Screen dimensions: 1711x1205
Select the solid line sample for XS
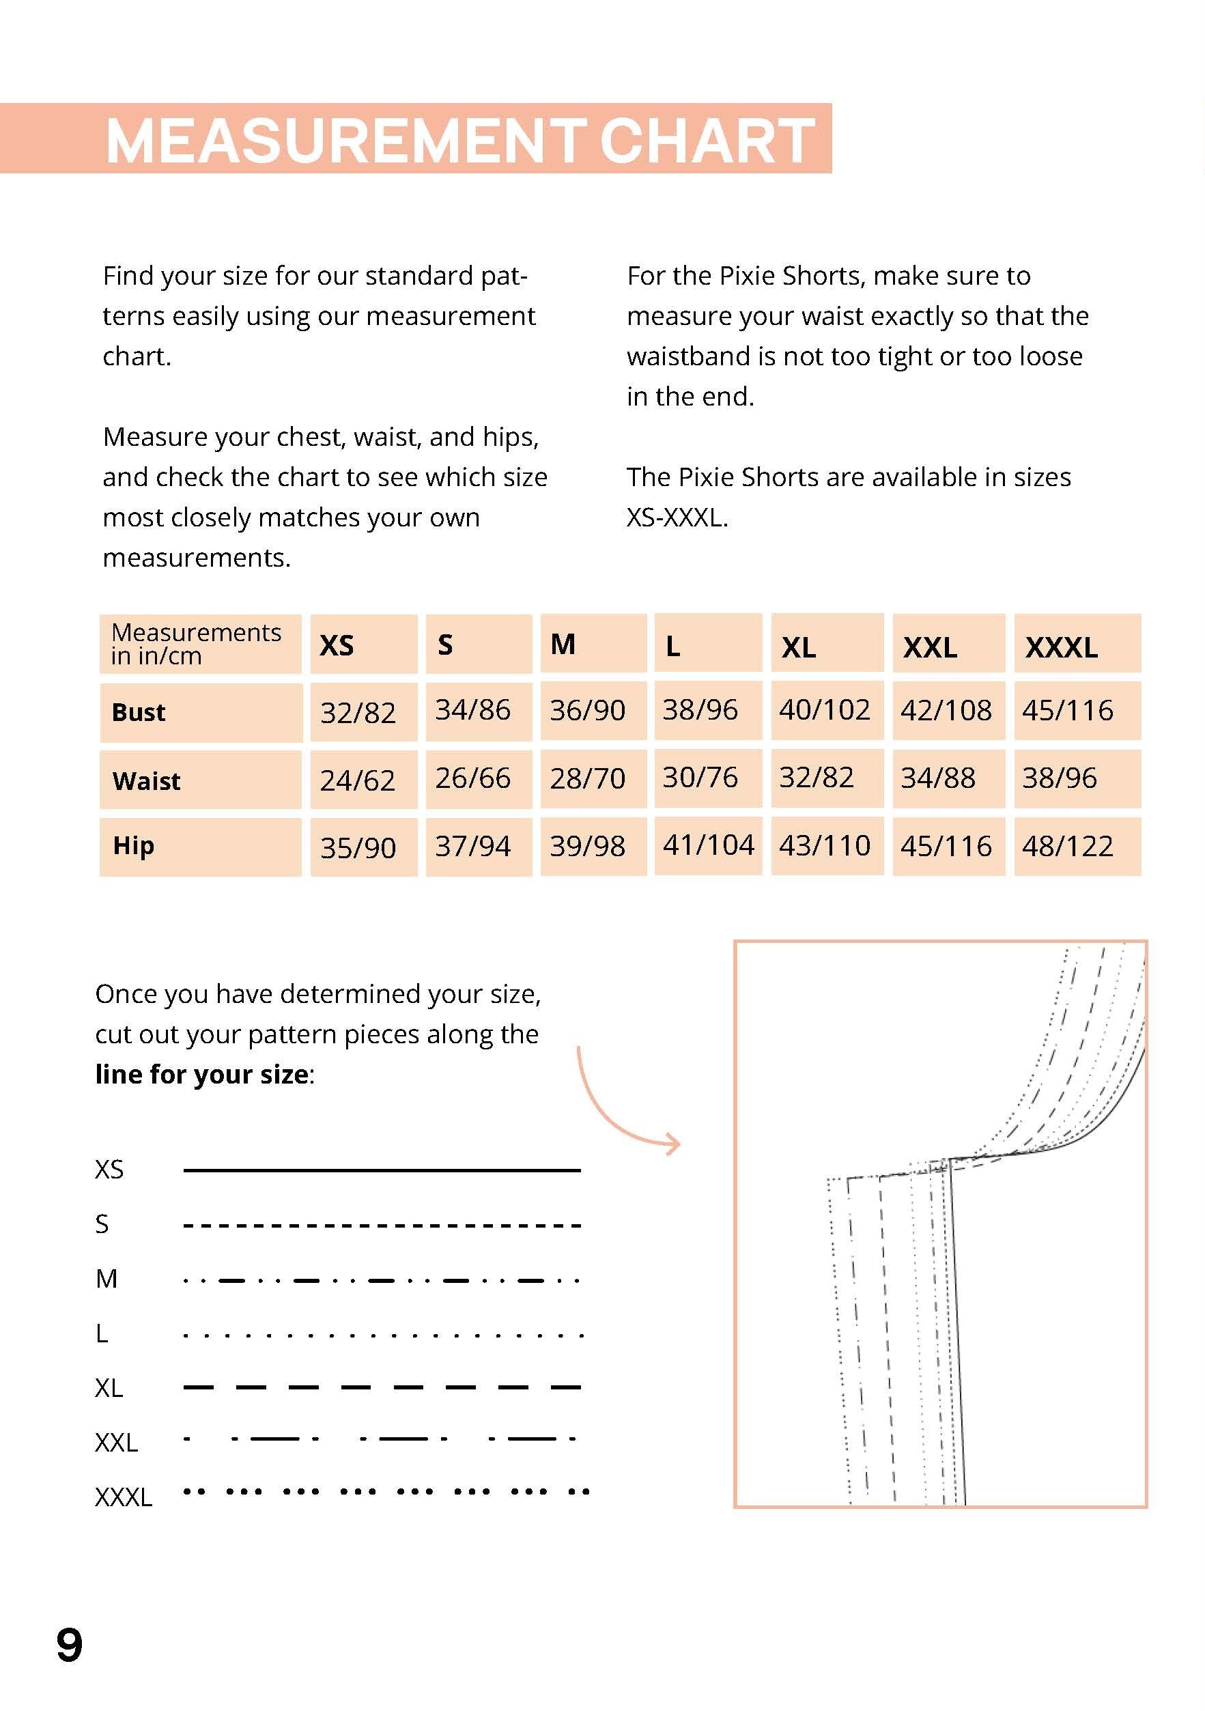tap(382, 1171)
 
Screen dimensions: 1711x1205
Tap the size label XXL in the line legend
tap(116, 1443)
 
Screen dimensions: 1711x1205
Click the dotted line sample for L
tap(382, 1335)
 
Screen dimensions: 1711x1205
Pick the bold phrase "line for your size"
tap(202, 1074)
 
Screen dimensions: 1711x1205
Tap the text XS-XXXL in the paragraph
tap(675, 517)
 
